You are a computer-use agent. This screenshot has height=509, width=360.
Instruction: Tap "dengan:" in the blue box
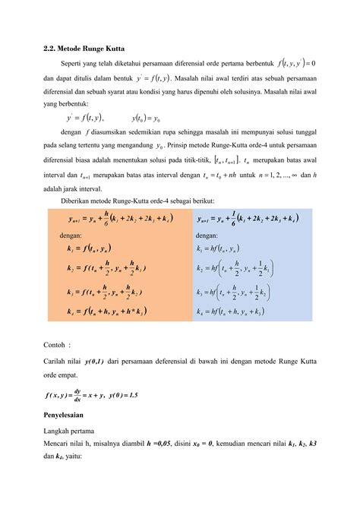click(207, 235)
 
